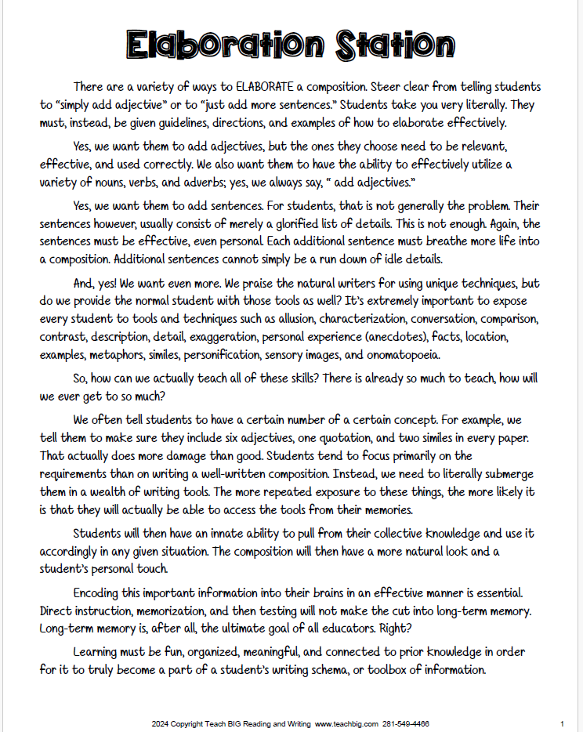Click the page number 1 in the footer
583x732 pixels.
[x=563, y=724]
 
